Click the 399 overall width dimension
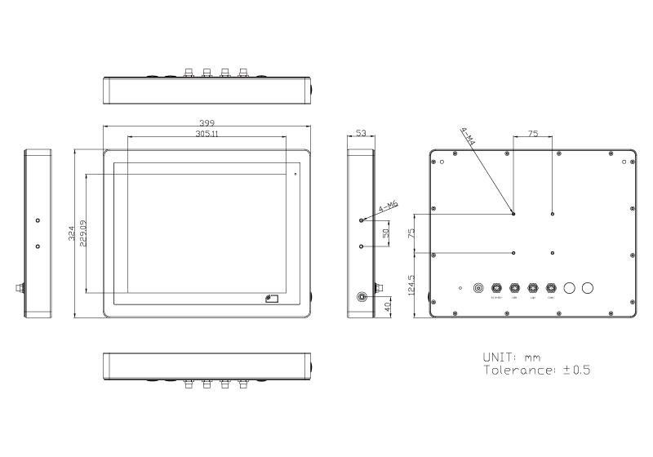point(207,122)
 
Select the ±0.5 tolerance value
point(576,370)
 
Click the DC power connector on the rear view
point(496,287)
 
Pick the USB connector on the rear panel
point(514,287)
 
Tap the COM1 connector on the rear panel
point(552,287)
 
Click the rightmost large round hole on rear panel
point(588,287)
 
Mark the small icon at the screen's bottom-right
point(272,299)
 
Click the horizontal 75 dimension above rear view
point(533,133)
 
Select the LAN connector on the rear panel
point(533,287)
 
